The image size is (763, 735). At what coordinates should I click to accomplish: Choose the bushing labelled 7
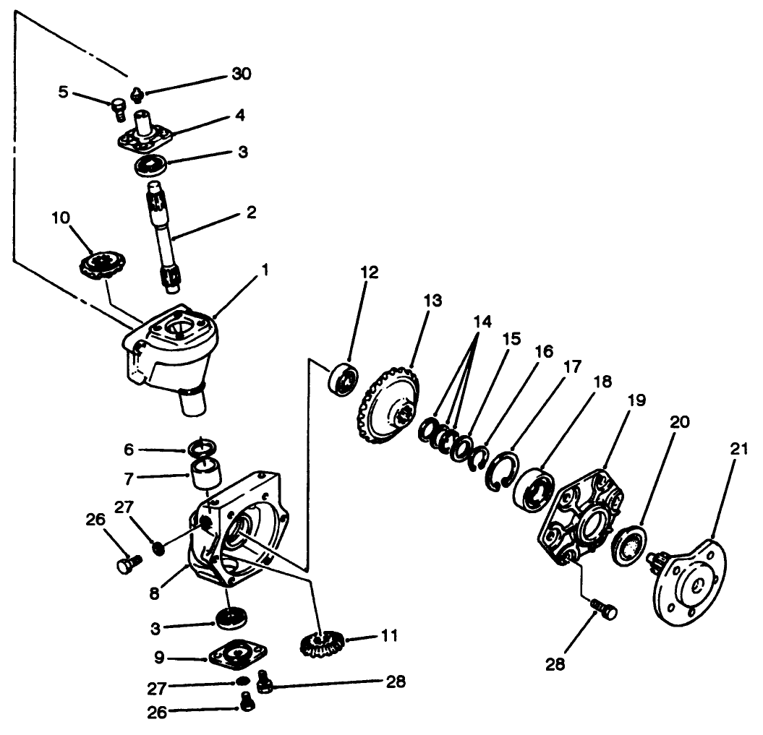205,473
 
